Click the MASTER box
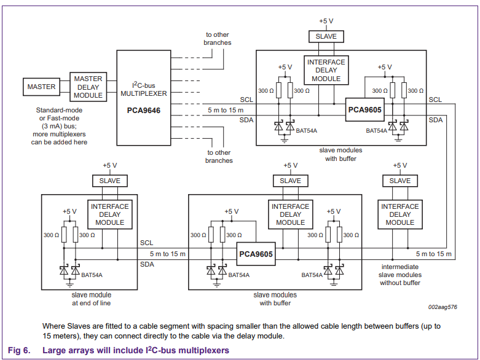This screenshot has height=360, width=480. pyautogui.click(x=41, y=87)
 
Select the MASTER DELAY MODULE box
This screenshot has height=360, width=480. pyautogui.click(x=88, y=87)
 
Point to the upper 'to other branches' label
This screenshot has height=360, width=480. pyautogui.click(x=218, y=39)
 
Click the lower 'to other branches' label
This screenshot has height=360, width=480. pyautogui.click(x=219, y=157)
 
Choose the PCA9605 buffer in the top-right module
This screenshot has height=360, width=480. pyautogui.click(x=364, y=109)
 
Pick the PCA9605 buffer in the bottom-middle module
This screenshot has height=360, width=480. pyautogui.click(x=256, y=253)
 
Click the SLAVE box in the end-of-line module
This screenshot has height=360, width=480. pyautogui.click(x=109, y=181)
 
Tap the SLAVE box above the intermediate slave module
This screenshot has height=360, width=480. pyautogui.click(x=399, y=181)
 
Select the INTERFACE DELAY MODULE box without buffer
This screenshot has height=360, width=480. pyautogui.click(x=399, y=214)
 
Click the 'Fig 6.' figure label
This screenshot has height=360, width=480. pyautogui.click(x=18, y=350)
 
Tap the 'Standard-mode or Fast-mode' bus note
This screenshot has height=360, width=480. pyautogui.click(x=62, y=115)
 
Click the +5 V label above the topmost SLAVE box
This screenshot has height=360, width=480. pyautogui.click(x=326, y=21)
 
